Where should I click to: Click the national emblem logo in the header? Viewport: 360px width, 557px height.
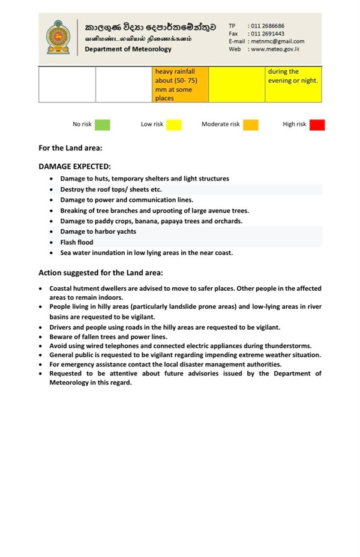pyautogui.click(x=59, y=37)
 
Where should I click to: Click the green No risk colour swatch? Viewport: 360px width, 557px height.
pyautogui.click(x=103, y=125)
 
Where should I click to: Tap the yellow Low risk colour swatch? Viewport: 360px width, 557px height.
pyautogui.click(x=174, y=125)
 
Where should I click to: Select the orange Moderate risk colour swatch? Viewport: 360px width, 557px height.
pyautogui.click(x=251, y=125)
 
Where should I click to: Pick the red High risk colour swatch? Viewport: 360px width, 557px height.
pyautogui.click(x=317, y=125)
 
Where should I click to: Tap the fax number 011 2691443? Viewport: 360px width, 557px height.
pyautogui.click(x=268, y=34)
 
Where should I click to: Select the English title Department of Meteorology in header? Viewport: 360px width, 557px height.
pyautogui.click(x=128, y=49)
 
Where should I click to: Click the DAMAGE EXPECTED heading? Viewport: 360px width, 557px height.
pyautogui.click(x=74, y=167)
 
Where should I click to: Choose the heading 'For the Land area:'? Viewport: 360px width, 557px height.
pyautogui.click(x=70, y=147)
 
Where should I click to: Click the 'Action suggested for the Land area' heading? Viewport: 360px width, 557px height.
pyautogui.click(x=105, y=273)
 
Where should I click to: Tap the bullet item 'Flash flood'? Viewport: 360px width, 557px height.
pyautogui.click(x=77, y=242)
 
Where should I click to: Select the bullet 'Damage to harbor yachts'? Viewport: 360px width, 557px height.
pyautogui.click(x=98, y=231)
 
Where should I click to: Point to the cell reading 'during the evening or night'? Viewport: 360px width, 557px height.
pyautogui.click(x=293, y=76)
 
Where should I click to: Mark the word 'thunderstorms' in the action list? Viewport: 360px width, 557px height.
pyautogui.click(x=290, y=346)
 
